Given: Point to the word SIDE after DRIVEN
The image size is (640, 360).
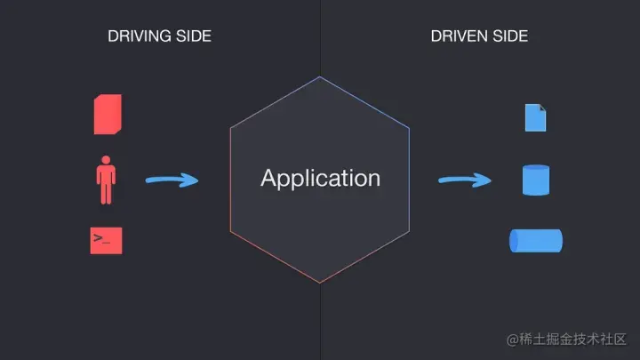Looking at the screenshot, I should tap(510, 36).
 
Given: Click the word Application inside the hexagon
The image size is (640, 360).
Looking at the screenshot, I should tap(320, 178).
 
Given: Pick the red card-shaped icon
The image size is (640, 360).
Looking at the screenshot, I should tap(108, 115).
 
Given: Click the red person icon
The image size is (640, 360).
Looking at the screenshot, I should tap(107, 181).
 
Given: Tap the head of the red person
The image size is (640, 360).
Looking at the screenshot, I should tap(107, 161).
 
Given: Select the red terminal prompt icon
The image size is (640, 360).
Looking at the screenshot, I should tap(107, 241).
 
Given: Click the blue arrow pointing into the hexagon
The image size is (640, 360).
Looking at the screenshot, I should tap(172, 180).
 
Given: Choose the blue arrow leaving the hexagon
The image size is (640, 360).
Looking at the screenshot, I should tap(464, 180).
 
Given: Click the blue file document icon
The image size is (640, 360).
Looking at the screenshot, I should tap(535, 117).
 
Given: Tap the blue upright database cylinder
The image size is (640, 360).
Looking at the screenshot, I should tap(535, 180).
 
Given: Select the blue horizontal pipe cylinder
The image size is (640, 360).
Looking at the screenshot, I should tap(535, 241).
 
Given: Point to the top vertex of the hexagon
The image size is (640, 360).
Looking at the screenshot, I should tap(320, 77).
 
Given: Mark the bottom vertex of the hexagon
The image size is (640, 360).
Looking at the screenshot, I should tap(320, 283).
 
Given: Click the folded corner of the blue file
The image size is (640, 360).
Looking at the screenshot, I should tap(542, 108).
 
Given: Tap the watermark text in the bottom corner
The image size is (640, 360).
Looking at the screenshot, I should tap(567, 340).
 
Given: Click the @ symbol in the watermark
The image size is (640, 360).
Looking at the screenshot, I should tap(512, 340).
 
